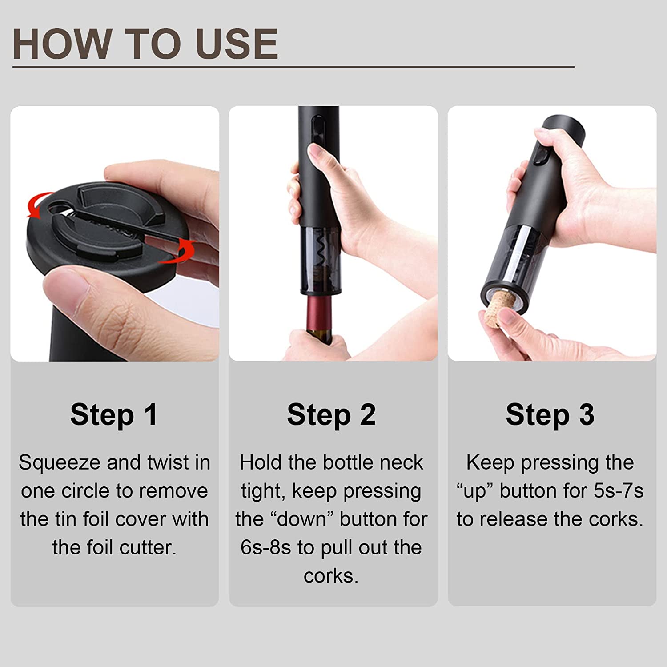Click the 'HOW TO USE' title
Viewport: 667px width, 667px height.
click(x=145, y=44)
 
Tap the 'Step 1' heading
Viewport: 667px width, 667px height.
click(x=114, y=414)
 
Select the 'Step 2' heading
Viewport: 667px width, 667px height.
click(x=331, y=414)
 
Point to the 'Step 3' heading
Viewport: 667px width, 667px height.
click(x=550, y=414)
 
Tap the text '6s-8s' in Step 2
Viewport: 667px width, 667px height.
click(x=265, y=547)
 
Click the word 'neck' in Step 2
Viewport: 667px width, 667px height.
click(x=404, y=462)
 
